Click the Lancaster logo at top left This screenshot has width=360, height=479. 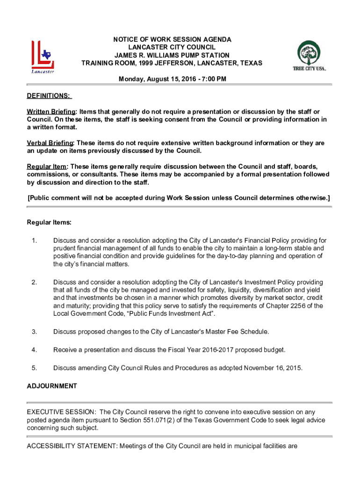pyautogui.click(x=43, y=57)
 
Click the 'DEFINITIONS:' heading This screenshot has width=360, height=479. pyautogui.click(x=49, y=96)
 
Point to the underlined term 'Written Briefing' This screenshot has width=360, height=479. pyautogui.click(x=51, y=112)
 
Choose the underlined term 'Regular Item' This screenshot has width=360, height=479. pyautogui.click(x=47, y=167)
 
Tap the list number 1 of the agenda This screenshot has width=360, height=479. pyautogui.click(x=34, y=241)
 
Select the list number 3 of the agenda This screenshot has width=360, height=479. pyautogui.click(x=34, y=332)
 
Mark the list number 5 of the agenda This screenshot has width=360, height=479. pyautogui.click(x=34, y=368)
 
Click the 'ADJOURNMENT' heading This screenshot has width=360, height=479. pyautogui.click(x=51, y=386)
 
